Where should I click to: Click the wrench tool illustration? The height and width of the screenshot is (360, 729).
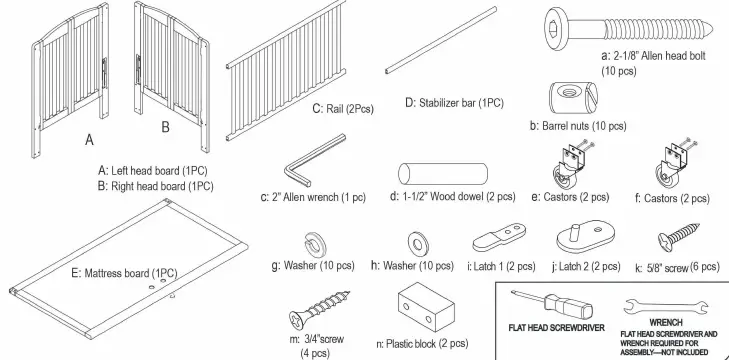(x=651, y=305)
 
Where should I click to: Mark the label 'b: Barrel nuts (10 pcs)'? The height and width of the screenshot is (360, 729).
(x=578, y=127)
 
